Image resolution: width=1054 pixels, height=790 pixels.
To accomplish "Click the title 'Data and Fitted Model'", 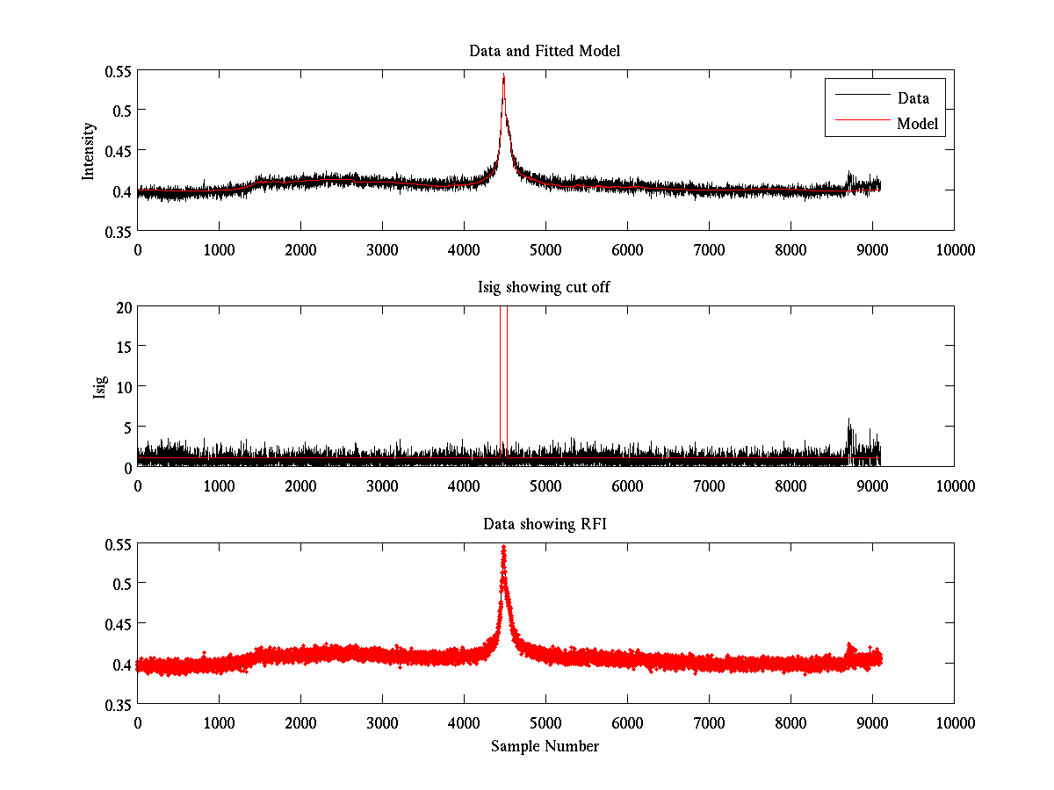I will coord(545,52).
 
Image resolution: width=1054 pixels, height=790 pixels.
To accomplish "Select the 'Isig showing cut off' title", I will coord(544,288).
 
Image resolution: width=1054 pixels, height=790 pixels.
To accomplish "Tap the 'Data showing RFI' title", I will coord(545,525).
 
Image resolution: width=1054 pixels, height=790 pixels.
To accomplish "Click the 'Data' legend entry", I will coord(913,98).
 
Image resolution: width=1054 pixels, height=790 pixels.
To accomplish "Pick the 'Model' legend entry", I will coord(918,125).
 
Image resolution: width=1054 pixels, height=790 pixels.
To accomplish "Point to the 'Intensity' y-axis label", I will coord(89,151).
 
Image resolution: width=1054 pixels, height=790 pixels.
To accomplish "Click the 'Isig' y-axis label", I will coord(100,387).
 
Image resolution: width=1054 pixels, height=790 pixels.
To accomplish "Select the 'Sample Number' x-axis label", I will coord(545,747).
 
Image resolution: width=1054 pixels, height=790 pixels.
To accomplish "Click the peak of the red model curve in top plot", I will coord(504,77).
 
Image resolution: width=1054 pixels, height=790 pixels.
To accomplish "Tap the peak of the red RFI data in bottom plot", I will coord(503,548).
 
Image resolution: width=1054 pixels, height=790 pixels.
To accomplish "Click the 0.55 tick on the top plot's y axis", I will coord(120,70).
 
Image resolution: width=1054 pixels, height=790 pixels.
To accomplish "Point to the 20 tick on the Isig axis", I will coord(123,306).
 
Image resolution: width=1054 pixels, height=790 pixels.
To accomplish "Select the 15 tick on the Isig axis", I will coord(123,347).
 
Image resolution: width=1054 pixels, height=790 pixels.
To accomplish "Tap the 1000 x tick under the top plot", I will coord(219,250).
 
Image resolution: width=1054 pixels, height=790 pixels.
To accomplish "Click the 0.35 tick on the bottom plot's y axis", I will coord(120,704).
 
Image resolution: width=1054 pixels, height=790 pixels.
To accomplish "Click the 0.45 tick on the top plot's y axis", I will coord(120,150).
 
